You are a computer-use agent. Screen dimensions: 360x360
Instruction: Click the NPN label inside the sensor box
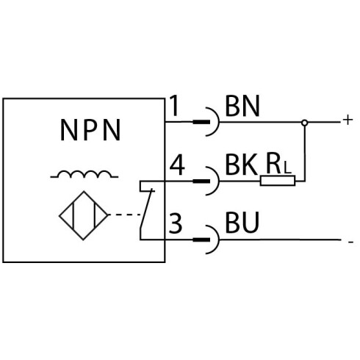[x=90, y=130]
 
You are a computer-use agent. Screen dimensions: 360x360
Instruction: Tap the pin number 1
[x=174, y=106]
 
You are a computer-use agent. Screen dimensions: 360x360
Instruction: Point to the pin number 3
[x=176, y=223]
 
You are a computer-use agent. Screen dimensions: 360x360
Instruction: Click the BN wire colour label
[x=242, y=106]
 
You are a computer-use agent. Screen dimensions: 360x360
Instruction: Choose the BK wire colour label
[x=241, y=165]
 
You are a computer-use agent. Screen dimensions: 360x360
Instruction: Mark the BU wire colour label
[x=242, y=223]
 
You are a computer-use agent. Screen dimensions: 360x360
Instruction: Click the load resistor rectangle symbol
[x=278, y=181]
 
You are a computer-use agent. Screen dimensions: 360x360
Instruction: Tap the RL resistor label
[x=278, y=164]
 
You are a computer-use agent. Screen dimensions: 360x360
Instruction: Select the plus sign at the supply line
[x=348, y=120]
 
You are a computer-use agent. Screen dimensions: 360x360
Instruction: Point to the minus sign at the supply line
[x=350, y=242]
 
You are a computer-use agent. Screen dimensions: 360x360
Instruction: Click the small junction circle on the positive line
[x=304, y=123]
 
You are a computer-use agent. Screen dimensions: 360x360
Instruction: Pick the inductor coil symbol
[x=84, y=174]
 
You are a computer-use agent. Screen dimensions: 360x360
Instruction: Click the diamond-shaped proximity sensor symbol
[x=83, y=215]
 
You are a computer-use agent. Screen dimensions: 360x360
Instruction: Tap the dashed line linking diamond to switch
[x=125, y=215]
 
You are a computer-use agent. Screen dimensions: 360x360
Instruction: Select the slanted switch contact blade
[x=146, y=209]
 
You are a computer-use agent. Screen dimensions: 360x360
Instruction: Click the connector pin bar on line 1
[x=201, y=122]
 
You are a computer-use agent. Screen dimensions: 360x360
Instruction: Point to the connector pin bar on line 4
[x=201, y=181]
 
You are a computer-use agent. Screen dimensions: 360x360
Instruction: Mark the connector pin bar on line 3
[x=201, y=240]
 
